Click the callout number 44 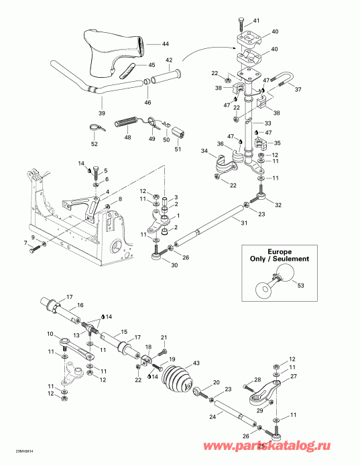click(165, 44)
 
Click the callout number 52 click(94, 144)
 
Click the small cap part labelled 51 click(180, 131)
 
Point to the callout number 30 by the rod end click(158, 265)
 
